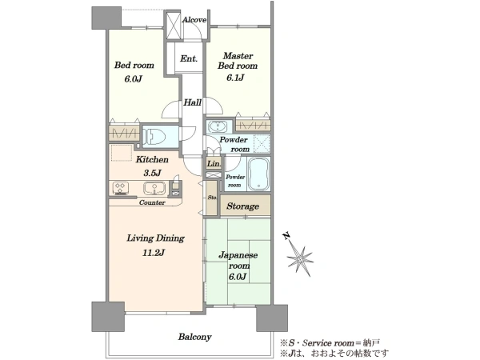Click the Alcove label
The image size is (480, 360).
tap(194, 20)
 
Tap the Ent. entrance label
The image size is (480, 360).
tap(189, 58)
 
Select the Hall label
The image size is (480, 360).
tap(192, 102)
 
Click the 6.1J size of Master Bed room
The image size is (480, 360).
tap(235, 78)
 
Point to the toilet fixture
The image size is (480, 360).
tap(154, 136)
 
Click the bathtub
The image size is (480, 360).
tap(258, 174)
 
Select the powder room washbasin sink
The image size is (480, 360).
tap(217, 126)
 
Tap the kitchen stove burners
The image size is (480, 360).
tap(121, 188)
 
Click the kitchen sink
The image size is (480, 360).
tap(154, 188)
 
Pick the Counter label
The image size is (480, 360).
tap(152, 202)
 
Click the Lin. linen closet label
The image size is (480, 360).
tap(214, 164)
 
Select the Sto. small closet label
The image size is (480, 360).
tap(212, 198)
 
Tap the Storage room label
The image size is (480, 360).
tap(242, 206)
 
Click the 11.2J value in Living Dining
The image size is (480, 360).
tap(154, 253)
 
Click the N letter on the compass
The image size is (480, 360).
tap(286, 236)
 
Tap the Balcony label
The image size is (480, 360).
tap(194, 337)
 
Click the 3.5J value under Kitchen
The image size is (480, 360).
tap(152, 173)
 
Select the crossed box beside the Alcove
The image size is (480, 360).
tap(174, 26)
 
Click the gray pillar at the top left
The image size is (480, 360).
tap(106, 18)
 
